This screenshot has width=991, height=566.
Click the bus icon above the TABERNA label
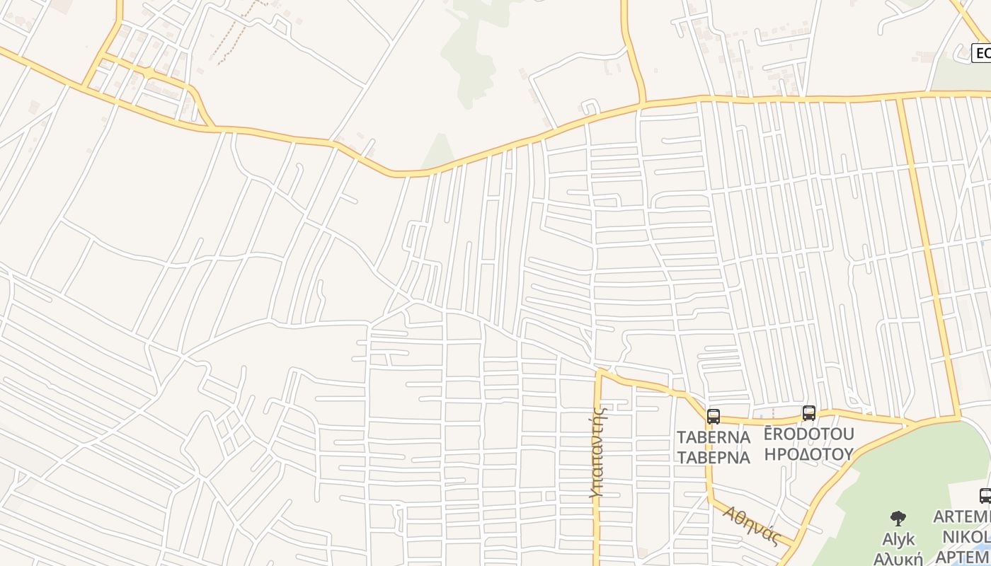(x=714, y=416)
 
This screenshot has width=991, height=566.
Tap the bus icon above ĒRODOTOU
(x=809, y=412)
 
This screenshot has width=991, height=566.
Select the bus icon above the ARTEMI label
(x=985, y=495)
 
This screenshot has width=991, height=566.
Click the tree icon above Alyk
(x=898, y=518)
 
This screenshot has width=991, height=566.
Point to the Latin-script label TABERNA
(x=714, y=437)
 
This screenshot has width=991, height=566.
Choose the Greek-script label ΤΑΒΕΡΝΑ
(x=714, y=457)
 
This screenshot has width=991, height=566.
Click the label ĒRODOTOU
(x=809, y=434)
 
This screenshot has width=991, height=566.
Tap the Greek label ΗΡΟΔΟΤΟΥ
(x=809, y=454)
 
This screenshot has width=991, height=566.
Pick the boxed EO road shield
(x=982, y=52)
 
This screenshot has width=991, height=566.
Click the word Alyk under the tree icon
(x=898, y=539)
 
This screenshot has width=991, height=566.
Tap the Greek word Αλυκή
(x=898, y=558)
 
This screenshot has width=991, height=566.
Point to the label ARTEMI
(x=962, y=516)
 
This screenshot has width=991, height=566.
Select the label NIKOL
(x=966, y=538)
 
